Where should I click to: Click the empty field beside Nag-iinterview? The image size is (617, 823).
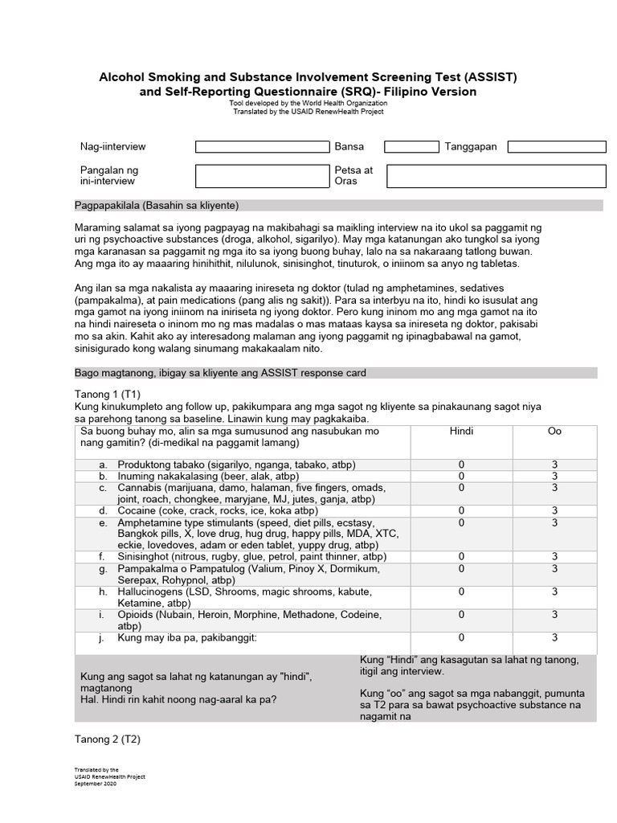[x=263, y=147]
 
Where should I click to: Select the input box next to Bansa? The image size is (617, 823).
[x=411, y=147]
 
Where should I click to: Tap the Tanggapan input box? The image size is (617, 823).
[x=556, y=147]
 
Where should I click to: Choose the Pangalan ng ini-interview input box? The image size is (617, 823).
[x=263, y=176]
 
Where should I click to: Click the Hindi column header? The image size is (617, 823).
[x=461, y=432]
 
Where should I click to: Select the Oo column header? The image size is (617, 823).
[x=554, y=432]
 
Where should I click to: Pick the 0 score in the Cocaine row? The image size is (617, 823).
[x=461, y=510]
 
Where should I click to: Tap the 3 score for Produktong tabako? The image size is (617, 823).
[x=554, y=465]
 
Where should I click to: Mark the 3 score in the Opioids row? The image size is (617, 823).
[x=554, y=615]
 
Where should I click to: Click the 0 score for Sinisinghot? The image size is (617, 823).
[x=461, y=556]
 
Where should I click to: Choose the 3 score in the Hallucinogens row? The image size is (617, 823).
[x=554, y=592]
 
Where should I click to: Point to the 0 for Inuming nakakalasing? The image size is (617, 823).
[x=461, y=476]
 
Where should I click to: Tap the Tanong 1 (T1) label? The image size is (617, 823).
[x=107, y=394]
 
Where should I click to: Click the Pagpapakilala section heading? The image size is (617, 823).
[x=156, y=205]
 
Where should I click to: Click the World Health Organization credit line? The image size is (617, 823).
[x=307, y=104]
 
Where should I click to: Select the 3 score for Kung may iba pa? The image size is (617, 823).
[x=554, y=638]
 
